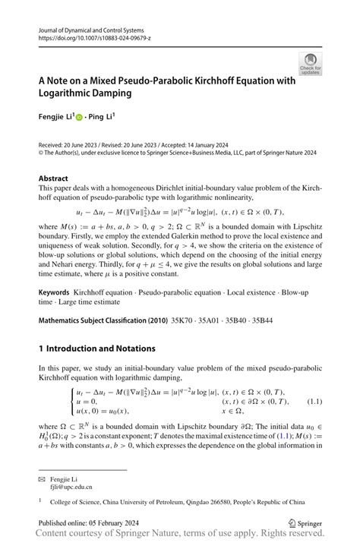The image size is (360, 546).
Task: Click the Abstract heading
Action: [x=53, y=178]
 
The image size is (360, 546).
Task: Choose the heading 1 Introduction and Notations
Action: [x=96, y=349]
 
